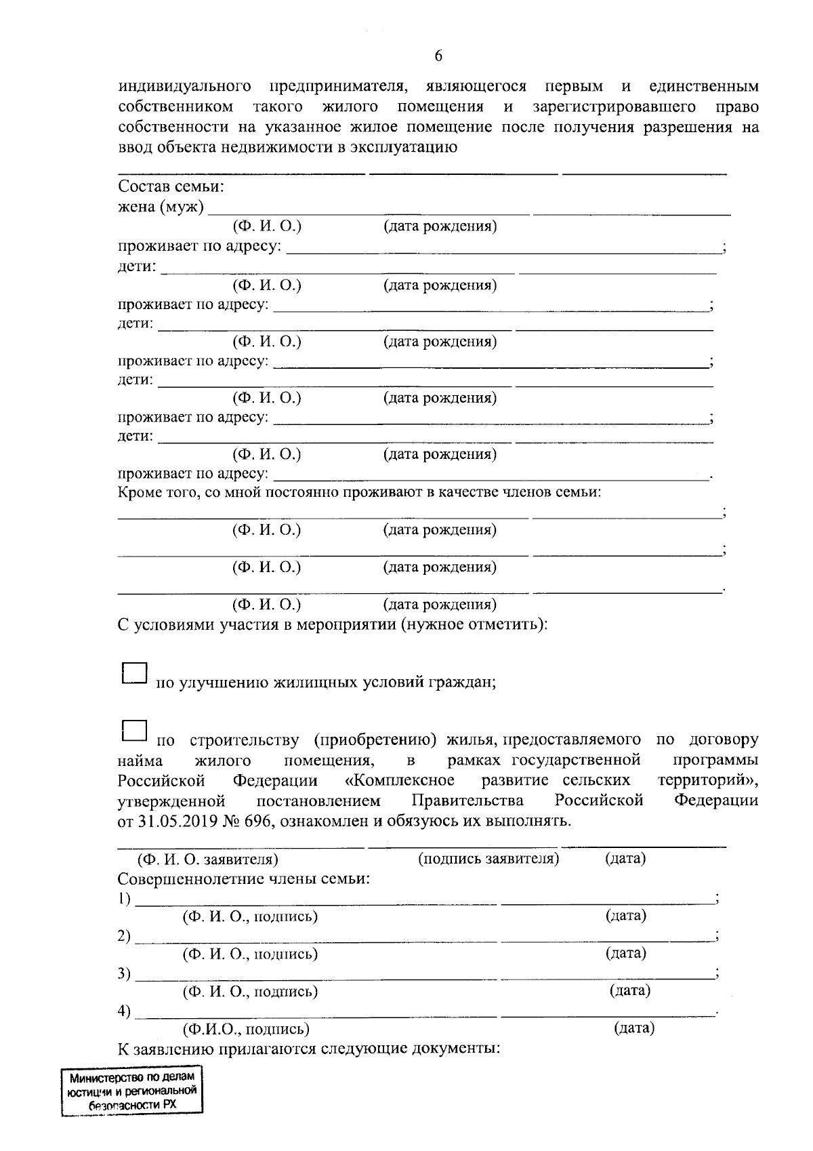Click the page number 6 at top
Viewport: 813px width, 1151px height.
pos(438,56)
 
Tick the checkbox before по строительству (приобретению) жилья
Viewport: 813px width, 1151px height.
pos(134,731)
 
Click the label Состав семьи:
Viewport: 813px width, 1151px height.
pos(171,186)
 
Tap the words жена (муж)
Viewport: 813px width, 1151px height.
pos(161,207)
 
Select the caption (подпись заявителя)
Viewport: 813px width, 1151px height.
pos(488,859)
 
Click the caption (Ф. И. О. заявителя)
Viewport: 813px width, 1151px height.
pos(208,860)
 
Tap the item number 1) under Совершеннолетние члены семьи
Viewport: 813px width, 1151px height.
pos(124,899)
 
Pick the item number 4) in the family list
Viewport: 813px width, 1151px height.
pos(124,1011)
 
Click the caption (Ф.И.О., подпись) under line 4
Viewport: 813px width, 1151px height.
pos(247,1029)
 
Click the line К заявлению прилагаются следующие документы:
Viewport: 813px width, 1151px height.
pos(308,1049)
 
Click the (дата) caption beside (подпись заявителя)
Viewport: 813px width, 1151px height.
pos(625,858)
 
